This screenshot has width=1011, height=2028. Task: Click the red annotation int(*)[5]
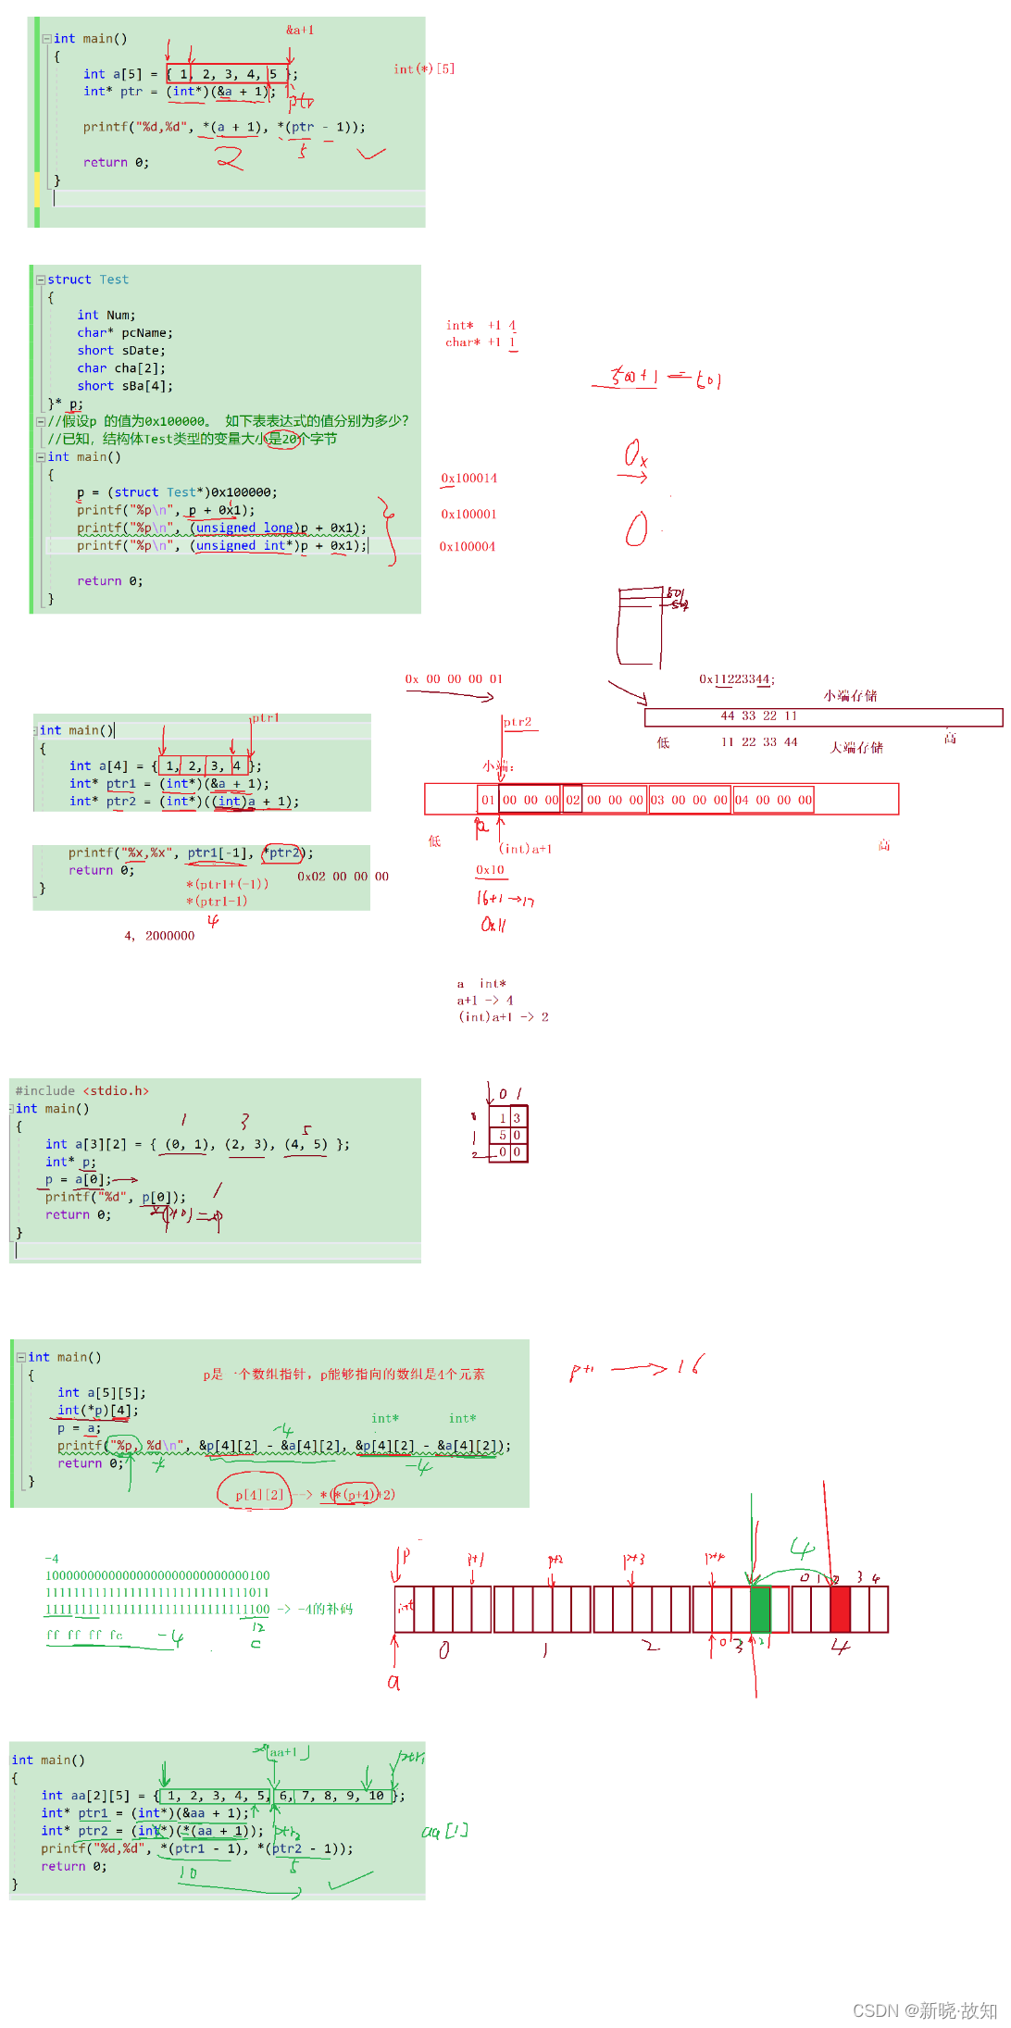click(424, 68)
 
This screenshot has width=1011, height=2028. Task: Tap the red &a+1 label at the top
click(300, 30)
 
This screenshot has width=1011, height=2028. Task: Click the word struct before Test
click(69, 280)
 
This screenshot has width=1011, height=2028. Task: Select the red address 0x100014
click(468, 479)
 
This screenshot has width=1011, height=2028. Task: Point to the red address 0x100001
click(468, 514)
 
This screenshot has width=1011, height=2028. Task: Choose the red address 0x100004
click(468, 547)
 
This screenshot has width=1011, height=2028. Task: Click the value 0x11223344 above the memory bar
click(736, 679)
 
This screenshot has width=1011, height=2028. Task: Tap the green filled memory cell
click(760, 1609)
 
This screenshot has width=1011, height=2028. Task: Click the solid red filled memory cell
click(840, 1609)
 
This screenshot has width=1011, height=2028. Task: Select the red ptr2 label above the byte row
click(518, 722)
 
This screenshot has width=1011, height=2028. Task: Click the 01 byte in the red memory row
click(488, 800)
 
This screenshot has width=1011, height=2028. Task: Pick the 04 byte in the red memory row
click(742, 800)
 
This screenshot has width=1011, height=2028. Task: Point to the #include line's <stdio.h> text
click(116, 1091)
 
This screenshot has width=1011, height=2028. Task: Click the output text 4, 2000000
click(159, 936)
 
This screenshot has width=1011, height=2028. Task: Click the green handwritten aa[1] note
click(445, 1831)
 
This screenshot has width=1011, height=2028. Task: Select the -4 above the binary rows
click(52, 1559)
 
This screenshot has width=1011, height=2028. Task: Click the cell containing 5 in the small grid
click(503, 1135)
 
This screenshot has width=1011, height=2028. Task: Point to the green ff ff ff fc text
click(84, 1636)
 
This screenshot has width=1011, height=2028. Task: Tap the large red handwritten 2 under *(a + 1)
click(230, 158)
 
